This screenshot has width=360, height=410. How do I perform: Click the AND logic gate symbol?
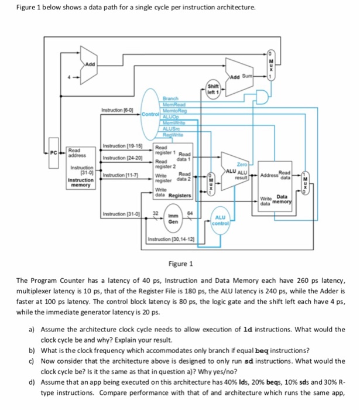[261, 95]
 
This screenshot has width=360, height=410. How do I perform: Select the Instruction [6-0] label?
[117, 109]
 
